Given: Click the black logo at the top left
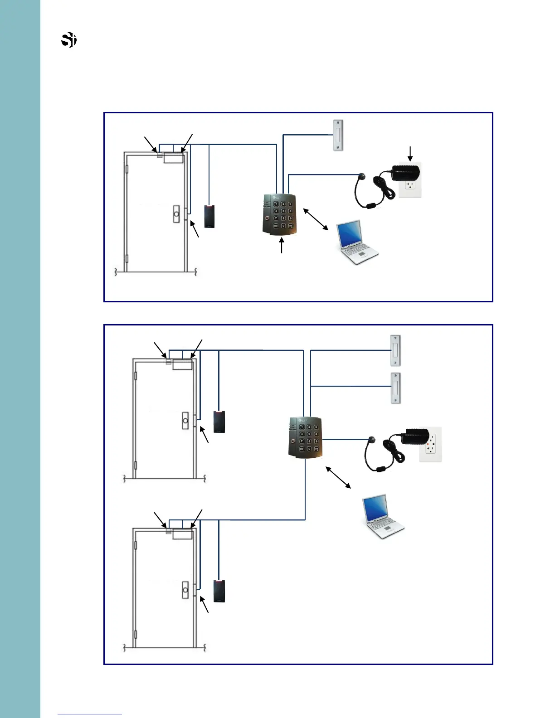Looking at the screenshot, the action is point(68,40).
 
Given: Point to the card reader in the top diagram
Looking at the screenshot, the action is point(209,216).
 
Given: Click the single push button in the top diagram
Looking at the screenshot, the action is point(338,135).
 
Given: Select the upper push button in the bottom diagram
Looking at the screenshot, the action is point(395,350).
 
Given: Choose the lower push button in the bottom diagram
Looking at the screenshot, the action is point(395,388).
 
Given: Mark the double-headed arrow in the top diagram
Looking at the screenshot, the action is point(316,219).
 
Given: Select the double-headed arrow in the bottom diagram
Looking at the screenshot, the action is point(338,477).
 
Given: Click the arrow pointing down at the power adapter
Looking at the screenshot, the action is point(410,153).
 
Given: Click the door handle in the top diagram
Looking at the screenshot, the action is point(176,214).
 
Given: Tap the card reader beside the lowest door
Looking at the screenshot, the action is point(219,591).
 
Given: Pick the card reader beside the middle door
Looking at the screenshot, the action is point(219,422).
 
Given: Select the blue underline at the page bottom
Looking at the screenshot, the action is point(90,714).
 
